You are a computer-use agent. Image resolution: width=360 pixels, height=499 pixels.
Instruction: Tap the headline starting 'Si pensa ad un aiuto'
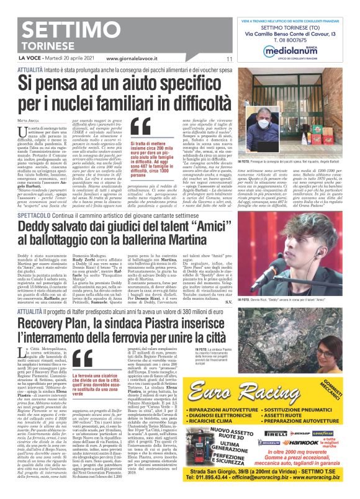(x=130, y=91)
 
